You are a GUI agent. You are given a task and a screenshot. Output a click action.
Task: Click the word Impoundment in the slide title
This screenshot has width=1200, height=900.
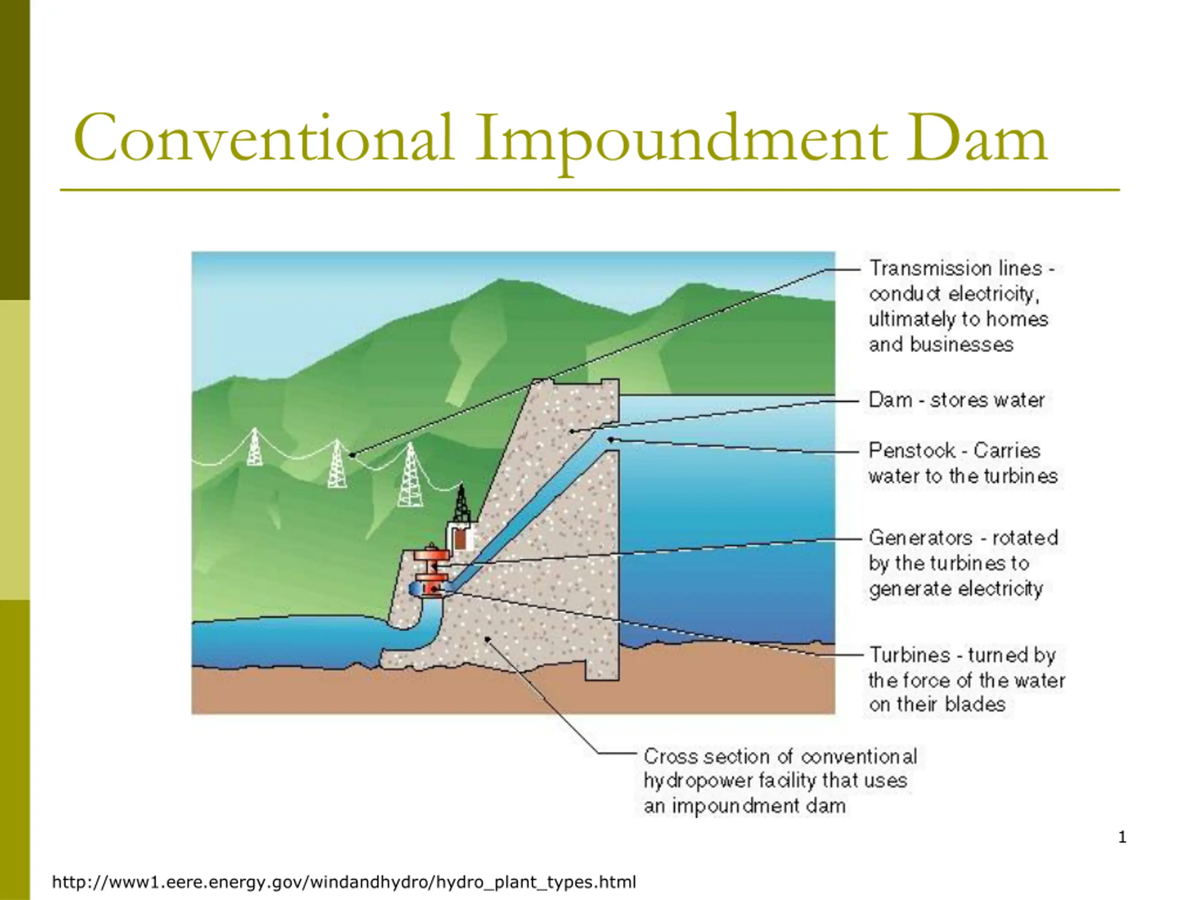pos(680,140)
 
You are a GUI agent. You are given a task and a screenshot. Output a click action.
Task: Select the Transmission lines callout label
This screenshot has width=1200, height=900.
pos(961,307)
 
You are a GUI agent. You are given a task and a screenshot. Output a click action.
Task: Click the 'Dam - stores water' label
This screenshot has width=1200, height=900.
pos(956,400)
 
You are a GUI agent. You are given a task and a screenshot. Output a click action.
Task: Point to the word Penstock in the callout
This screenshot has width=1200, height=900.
pos(911,450)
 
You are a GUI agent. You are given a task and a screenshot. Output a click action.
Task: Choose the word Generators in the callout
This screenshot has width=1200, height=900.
pos(920,538)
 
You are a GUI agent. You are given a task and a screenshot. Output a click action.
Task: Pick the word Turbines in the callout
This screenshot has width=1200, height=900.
pos(909,655)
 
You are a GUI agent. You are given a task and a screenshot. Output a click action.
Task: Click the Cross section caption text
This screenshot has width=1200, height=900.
pos(780,781)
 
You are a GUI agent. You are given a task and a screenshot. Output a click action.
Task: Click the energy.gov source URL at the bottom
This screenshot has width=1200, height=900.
pos(344,882)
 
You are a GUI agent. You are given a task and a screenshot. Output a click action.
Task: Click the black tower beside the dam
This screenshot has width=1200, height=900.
pos(461,503)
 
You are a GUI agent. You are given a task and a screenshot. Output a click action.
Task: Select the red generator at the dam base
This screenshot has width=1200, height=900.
pos(431,564)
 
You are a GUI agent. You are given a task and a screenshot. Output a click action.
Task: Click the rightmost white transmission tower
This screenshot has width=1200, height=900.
pos(410,475)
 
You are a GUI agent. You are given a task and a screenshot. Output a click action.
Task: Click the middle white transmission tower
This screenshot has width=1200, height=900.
pos(337,464)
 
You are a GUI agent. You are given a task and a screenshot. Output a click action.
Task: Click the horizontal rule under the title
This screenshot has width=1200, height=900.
pos(590,190)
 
